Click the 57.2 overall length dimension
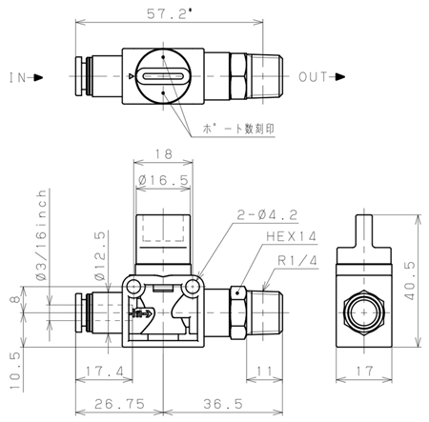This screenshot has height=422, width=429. pyautogui.click(x=170, y=14)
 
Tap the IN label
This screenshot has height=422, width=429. pyautogui.click(x=17, y=77)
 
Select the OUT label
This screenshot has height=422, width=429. pyautogui.click(x=313, y=77)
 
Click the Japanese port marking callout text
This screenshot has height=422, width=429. pyautogui.click(x=238, y=129)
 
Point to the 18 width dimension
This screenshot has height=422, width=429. pyautogui.click(x=164, y=154)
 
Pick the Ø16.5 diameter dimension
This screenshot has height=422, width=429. pyautogui.click(x=163, y=180)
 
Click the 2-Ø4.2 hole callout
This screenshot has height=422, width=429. pyautogui.click(x=267, y=215)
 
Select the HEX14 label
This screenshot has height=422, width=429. pyautogui.click(x=291, y=236)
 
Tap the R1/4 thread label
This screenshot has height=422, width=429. pyautogui.click(x=297, y=261)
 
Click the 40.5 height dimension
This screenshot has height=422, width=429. pyautogui.click(x=410, y=281)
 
